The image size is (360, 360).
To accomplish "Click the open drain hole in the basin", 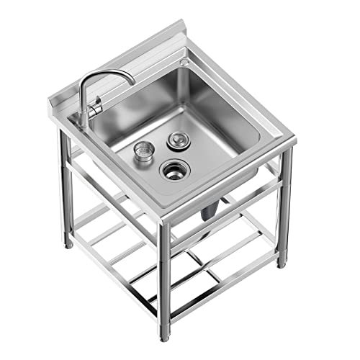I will tap(174, 170).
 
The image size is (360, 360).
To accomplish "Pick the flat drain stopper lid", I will tap(175, 140).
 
